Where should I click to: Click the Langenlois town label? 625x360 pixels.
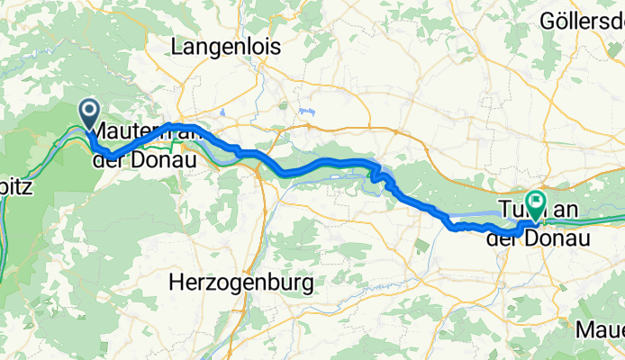[x=227, y=46]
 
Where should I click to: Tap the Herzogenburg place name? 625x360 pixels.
[x=241, y=284]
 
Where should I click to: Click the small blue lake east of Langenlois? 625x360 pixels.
[x=308, y=112]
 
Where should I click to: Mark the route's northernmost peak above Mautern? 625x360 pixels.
[x=171, y=124]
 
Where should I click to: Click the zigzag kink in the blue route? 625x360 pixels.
[x=380, y=173]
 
